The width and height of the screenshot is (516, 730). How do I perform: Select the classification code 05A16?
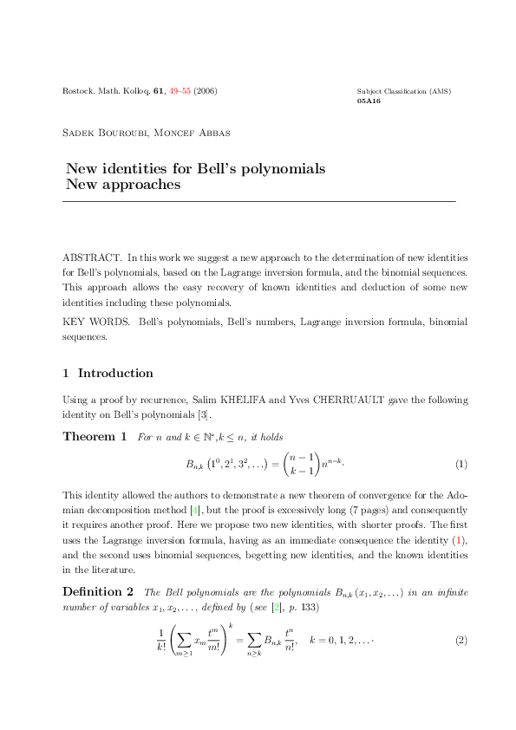pyautogui.click(x=369, y=101)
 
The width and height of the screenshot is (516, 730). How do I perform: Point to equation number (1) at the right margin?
pyautogui.click(x=461, y=464)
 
